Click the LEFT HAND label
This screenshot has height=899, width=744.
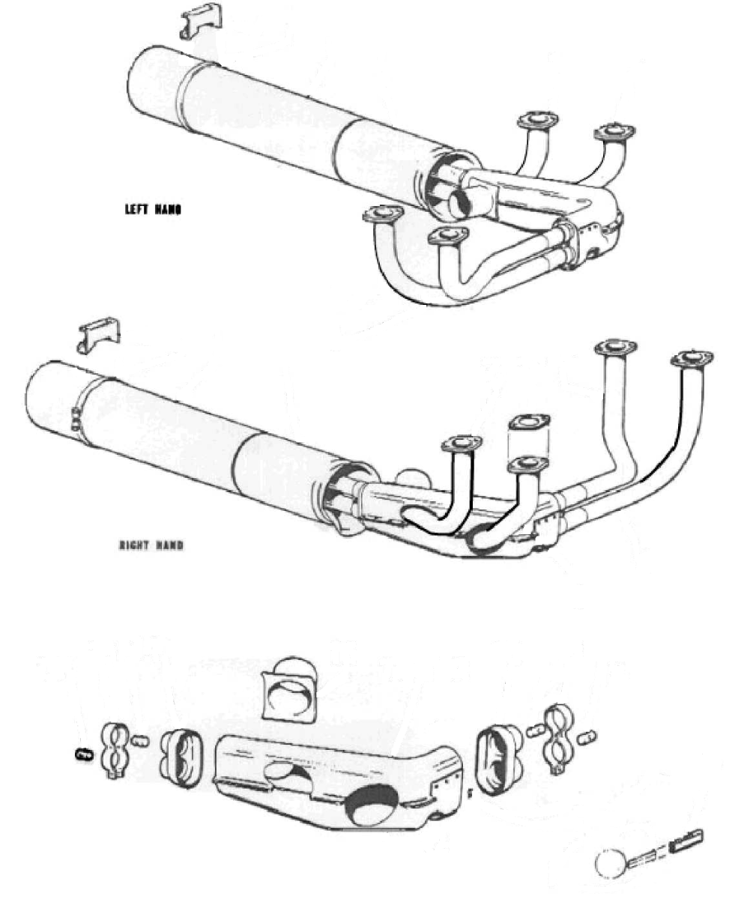click(x=153, y=210)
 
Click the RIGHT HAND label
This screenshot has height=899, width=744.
click(x=151, y=545)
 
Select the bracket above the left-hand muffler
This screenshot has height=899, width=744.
click(x=201, y=22)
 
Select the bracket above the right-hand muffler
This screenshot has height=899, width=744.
click(x=99, y=336)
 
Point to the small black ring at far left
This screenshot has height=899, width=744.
click(x=84, y=754)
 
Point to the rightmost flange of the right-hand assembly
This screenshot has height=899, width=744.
click(x=692, y=359)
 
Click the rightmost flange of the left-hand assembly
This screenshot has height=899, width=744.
click(x=614, y=132)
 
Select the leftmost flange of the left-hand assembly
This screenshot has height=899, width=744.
click(x=383, y=214)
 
